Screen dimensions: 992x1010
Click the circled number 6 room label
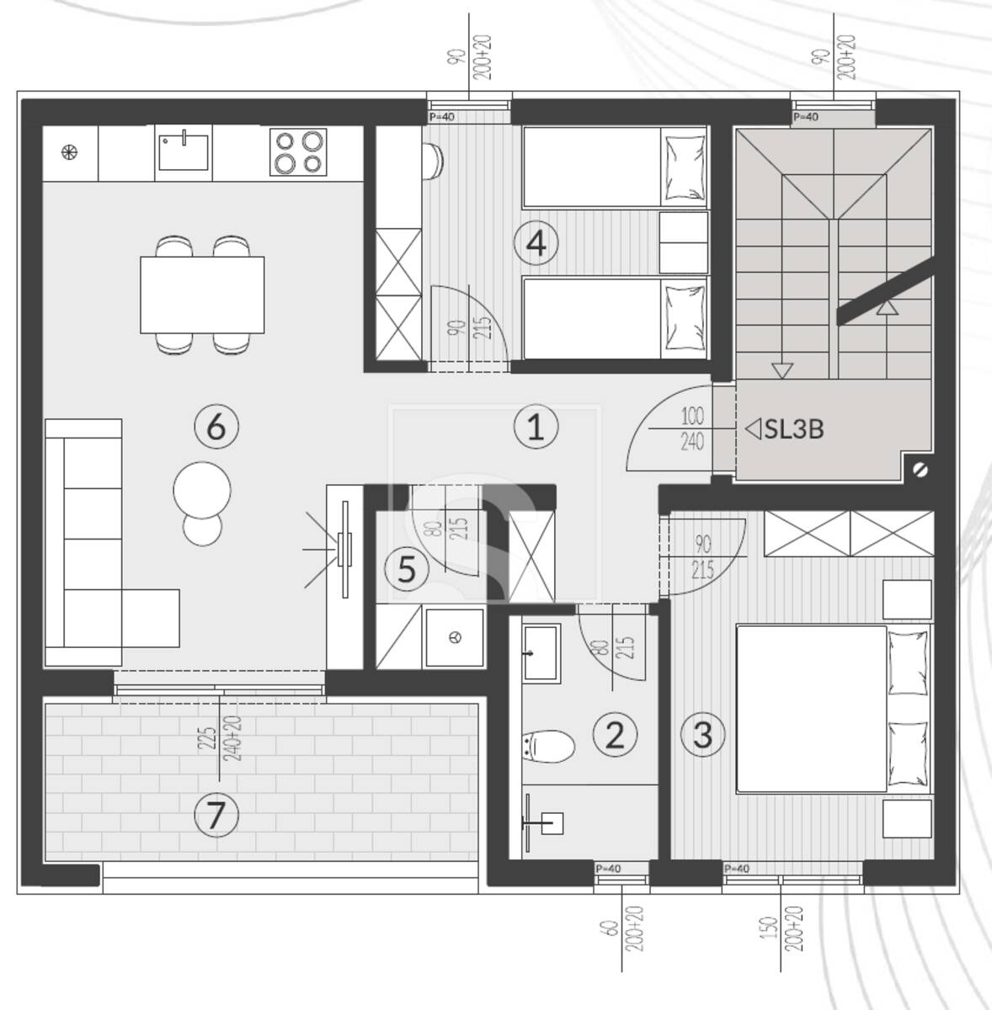point(216,427)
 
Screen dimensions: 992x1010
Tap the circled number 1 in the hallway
point(536,427)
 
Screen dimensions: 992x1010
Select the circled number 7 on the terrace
point(216,815)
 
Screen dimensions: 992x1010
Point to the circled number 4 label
point(536,243)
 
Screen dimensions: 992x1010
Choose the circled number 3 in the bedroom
point(703,735)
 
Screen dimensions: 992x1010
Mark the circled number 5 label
point(407,569)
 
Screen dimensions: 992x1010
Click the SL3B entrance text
point(794,428)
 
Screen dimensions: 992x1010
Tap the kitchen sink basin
point(184,152)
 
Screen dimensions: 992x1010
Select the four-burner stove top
point(298,152)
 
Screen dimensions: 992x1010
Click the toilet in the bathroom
point(548,747)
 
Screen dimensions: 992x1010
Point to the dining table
point(202,295)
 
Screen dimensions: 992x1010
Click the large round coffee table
point(202,490)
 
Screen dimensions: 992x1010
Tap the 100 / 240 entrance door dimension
point(692,429)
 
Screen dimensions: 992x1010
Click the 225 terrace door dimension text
point(208,740)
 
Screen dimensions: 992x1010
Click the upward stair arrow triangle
point(887,308)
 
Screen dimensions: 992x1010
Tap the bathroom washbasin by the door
point(542,652)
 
